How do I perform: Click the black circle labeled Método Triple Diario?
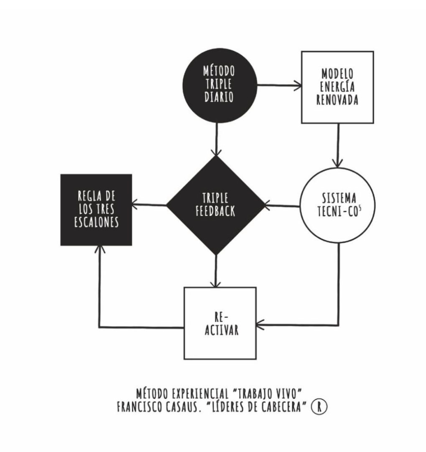tap(219, 85)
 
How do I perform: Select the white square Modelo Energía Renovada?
tap(337, 87)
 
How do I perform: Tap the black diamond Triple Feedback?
tap(216, 205)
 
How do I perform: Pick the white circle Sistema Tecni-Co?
tap(337, 205)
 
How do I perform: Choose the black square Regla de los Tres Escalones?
tap(96, 210)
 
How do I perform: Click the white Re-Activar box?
tap(220, 323)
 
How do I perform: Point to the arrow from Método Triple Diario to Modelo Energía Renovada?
tap(279, 85)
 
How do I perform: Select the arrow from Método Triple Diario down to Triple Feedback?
tap(216, 139)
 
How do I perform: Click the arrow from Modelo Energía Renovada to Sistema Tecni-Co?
tap(338, 146)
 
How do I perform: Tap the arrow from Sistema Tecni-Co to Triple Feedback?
tap(282, 206)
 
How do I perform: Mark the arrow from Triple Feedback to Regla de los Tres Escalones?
tap(149, 205)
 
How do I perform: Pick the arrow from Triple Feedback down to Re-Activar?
tap(215, 271)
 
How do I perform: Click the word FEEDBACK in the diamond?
tap(215, 211)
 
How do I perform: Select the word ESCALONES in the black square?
tap(97, 222)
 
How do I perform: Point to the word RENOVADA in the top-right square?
tap(337, 100)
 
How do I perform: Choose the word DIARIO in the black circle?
tap(219, 97)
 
